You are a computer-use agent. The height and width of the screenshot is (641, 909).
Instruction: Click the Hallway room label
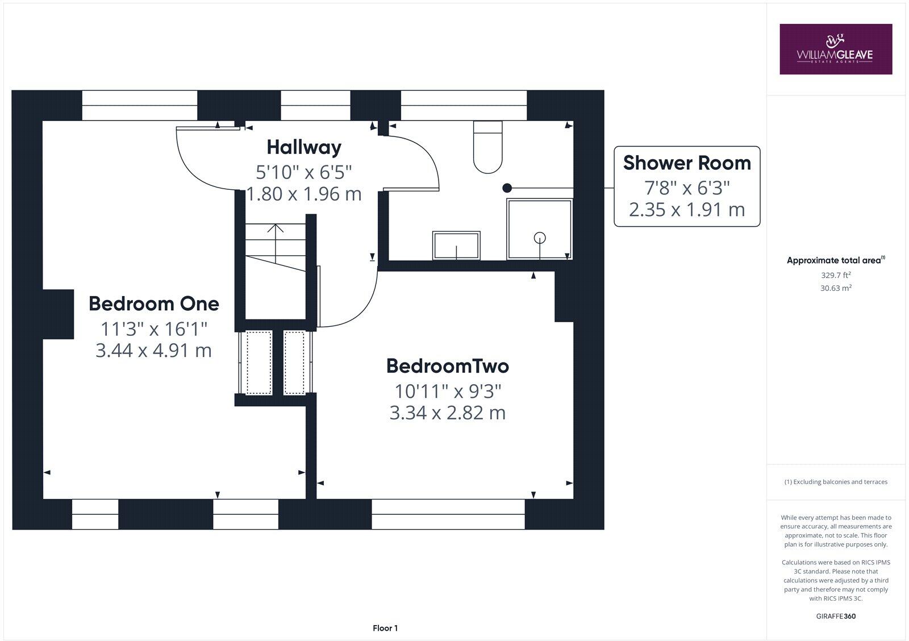point(304,148)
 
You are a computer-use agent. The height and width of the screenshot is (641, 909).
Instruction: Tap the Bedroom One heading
point(154,303)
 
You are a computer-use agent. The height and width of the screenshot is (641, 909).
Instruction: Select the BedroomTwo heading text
point(448,366)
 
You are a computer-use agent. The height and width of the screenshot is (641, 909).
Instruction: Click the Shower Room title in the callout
point(687,163)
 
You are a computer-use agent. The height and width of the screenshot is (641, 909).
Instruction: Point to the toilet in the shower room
point(488,147)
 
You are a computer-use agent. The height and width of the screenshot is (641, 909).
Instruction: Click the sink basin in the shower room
point(457,245)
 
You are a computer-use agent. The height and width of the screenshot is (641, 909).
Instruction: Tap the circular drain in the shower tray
point(540,238)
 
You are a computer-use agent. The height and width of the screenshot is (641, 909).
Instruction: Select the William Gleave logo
point(836,49)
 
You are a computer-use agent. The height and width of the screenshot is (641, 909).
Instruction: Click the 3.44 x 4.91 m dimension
point(154,351)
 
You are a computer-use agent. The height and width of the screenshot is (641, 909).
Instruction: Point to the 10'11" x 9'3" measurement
point(448,392)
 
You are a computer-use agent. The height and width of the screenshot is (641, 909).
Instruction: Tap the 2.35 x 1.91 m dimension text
point(687,210)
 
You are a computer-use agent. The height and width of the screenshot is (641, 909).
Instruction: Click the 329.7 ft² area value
point(836,275)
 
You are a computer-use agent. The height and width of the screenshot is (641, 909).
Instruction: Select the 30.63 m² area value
point(836,288)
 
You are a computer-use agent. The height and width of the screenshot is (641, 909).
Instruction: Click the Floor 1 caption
point(385,628)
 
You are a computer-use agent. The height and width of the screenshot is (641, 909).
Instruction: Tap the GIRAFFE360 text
point(836,616)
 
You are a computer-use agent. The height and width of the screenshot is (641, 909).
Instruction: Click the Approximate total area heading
point(836,260)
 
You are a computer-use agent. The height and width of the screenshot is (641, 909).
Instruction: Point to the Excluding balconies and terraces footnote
point(836,482)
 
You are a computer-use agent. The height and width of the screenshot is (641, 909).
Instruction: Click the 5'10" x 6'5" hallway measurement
point(304,173)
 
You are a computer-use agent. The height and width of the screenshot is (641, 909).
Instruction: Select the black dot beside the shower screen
point(507,188)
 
